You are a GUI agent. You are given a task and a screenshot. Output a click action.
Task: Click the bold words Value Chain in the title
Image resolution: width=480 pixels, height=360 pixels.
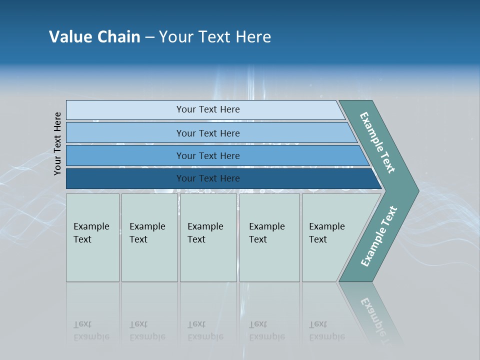94,37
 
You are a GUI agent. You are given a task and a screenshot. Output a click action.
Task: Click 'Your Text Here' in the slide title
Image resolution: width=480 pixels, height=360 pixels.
215,37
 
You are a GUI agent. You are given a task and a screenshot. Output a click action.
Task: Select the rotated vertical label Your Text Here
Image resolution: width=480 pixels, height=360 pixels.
57,143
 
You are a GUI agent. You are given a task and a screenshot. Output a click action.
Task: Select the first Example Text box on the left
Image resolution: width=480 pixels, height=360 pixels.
92,237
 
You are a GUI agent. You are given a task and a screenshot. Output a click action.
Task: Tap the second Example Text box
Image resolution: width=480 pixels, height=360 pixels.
149,237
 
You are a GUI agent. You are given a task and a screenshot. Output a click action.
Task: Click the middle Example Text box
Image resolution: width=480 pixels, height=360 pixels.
208,237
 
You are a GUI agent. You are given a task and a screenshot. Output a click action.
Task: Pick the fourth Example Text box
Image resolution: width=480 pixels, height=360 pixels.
269,237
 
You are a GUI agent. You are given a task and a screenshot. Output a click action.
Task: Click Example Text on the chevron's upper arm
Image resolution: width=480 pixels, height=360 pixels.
377,143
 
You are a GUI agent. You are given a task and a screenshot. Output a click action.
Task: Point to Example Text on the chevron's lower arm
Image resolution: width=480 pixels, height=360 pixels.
378,236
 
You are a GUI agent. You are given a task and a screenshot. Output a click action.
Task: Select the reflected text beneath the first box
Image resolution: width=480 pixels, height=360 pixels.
91,330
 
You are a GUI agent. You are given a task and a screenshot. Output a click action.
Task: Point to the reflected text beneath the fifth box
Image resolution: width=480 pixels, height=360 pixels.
326,330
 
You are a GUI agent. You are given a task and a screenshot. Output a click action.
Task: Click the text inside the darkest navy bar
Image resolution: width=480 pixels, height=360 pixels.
208,178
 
